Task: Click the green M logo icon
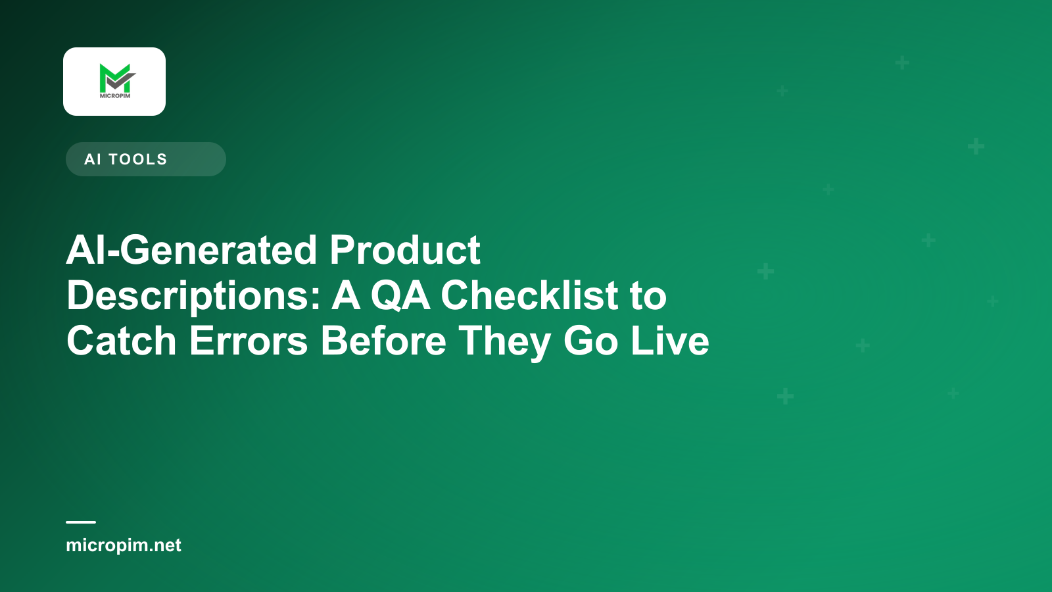click(x=117, y=78)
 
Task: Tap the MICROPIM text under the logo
click(x=115, y=96)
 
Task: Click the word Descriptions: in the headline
click(x=193, y=297)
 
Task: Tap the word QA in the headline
click(x=400, y=296)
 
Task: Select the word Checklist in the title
click(x=529, y=295)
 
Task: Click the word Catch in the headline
click(x=122, y=341)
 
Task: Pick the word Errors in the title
click(x=249, y=341)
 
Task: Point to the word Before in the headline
click(x=383, y=341)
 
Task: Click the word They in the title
click(x=504, y=343)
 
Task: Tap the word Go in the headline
click(x=590, y=341)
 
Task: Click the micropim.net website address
click(x=124, y=545)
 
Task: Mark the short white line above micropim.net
click(x=81, y=522)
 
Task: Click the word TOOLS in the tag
click(x=138, y=159)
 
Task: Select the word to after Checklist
click(x=648, y=296)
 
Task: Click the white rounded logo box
click(x=114, y=82)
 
